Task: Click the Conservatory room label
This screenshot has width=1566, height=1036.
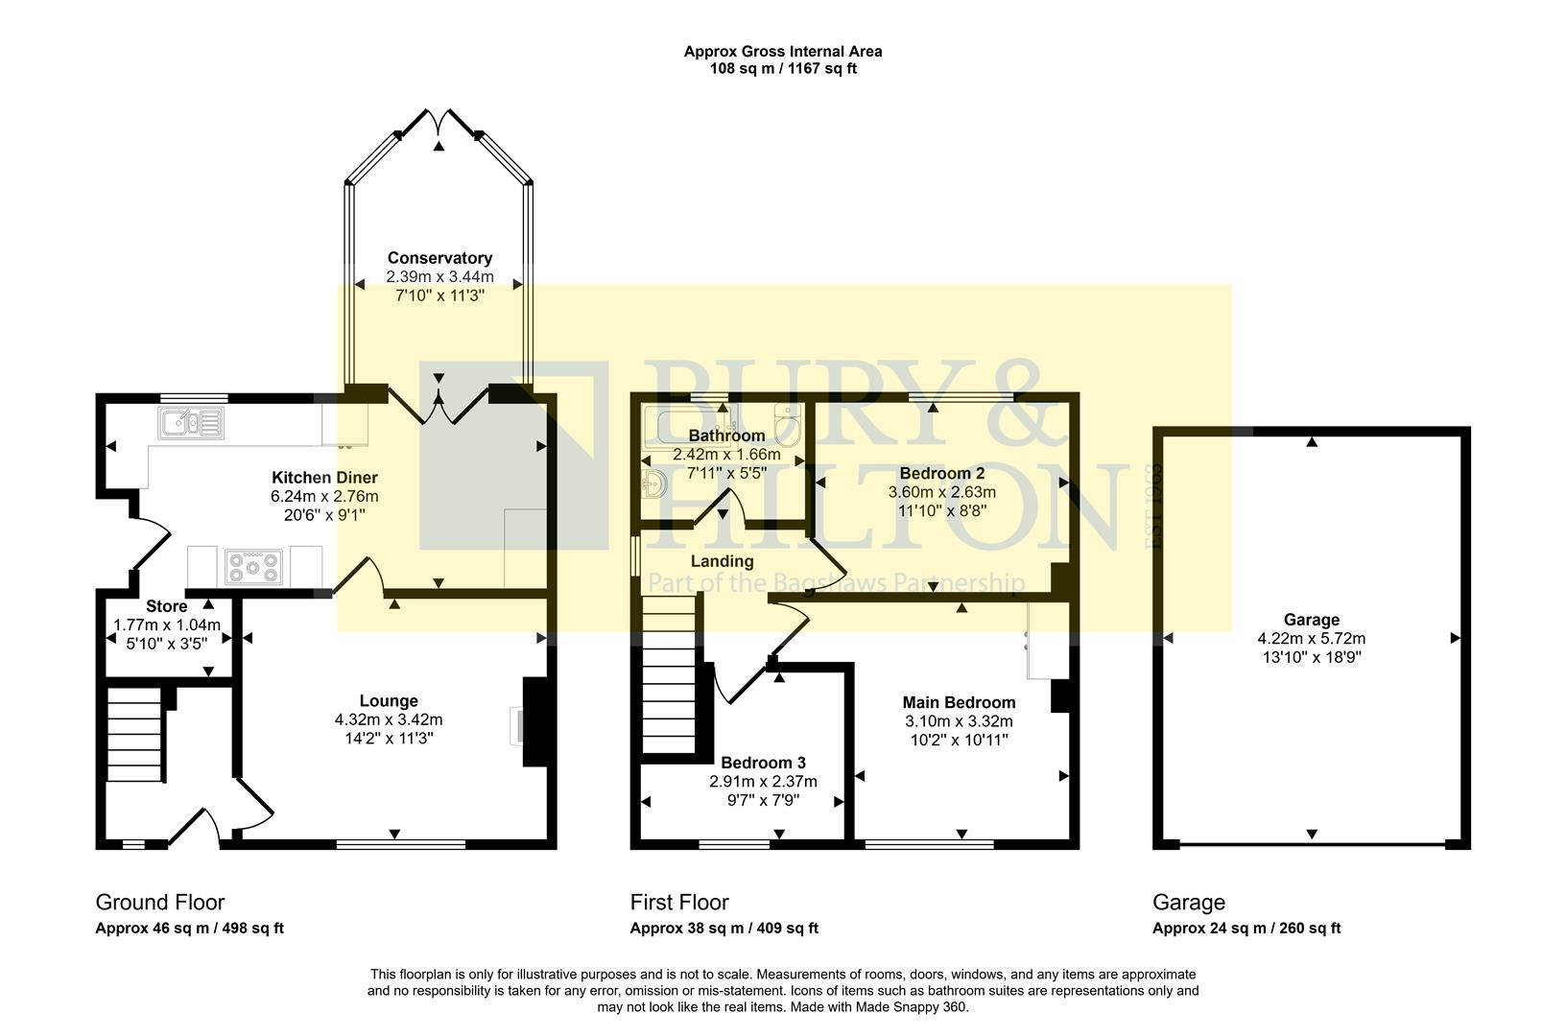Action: coord(439,258)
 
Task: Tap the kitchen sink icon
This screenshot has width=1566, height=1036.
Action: coord(192,423)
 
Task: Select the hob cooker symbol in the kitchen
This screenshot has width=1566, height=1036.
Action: coord(253,566)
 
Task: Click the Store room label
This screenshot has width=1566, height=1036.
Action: coord(166,606)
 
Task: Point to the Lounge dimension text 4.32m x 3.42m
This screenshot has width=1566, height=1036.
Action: coord(389,719)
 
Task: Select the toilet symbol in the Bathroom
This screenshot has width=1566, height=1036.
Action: coord(788,425)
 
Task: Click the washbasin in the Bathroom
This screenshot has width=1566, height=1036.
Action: coord(654,485)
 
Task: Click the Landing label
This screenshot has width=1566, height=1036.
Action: coord(722,561)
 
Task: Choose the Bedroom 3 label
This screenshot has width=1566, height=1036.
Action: coord(763,763)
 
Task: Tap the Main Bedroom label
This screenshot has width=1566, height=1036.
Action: coord(959,702)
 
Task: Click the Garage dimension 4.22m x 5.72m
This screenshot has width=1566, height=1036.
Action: coord(1311,638)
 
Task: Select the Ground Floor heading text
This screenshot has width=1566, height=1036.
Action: coord(159,902)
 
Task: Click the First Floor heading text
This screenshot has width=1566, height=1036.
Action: coord(678,902)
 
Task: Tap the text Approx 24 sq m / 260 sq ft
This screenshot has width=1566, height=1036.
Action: coord(1246,928)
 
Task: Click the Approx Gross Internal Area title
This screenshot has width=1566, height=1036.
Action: coord(782,52)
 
